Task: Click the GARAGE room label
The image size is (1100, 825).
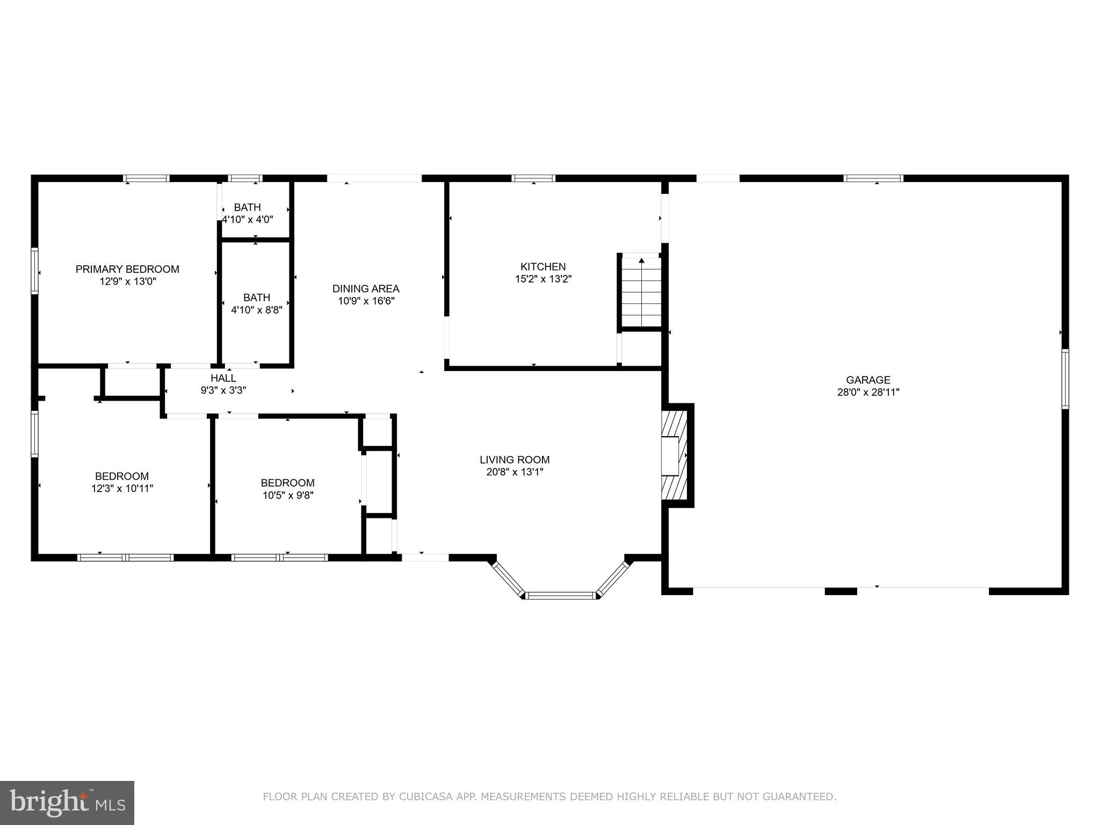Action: pyautogui.click(x=868, y=380)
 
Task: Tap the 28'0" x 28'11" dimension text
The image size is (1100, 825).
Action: pyautogui.click(x=868, y=393)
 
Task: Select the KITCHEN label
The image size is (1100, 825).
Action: pyautogui.click(x=542, y=266)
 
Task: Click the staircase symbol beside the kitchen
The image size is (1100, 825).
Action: pyautogui.click(x=641, y=293)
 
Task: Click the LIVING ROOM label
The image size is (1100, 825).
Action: pyautogui.click(x=514, y=460)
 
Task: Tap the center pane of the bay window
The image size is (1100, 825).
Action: pyautogui.click(x=560, y=595)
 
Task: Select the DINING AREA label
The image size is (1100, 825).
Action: pyautogui.click(x=365, y=289)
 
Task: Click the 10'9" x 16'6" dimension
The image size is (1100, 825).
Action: pyautogui.click(x=366, y=301)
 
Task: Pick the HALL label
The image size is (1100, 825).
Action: pyautogui.click(x=223, y=378)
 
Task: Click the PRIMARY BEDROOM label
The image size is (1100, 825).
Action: pyautogui.click(x=127, y=269)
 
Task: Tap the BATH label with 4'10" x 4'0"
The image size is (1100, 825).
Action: pyautogui.click(x=247, y=207)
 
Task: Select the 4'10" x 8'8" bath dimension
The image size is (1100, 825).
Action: pyautogui.click(x=256, y=310)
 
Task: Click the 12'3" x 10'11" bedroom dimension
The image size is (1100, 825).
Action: pyautogui.click(x=122, y=489)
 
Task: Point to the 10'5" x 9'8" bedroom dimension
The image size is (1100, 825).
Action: pyautogui.click(x=288, y=495)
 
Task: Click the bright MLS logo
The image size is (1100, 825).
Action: pyautogui.click(x=67, y=803)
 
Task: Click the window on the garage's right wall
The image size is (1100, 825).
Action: pyautogui.click(x=1065, y=379)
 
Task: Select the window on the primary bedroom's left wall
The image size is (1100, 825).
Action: pyautogui.click(x=35, y=271)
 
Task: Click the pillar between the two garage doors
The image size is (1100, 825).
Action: pyautogui.click(x=841, y=591)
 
